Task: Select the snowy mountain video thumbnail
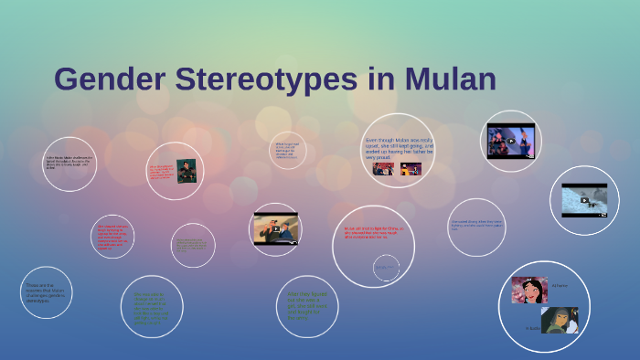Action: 584,200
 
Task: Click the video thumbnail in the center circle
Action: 275,228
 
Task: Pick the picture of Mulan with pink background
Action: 529,290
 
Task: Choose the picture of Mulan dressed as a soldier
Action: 559,320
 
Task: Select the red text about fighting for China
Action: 372,232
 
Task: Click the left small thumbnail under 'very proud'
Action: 382,168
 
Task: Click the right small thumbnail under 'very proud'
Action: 411,168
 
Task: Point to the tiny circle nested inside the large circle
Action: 386,267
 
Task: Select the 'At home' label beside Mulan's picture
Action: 559,286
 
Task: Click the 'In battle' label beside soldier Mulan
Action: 532,327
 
